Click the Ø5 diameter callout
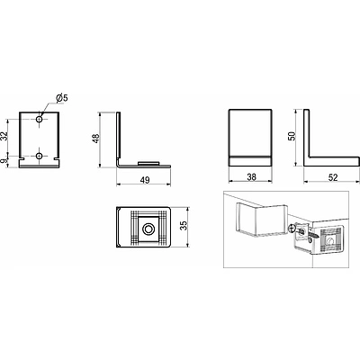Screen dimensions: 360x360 [x=62, y=98]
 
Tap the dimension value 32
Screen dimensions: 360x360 [x=4, y=137]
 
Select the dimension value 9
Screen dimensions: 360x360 [x=4, y=161]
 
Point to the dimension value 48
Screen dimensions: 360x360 [x=95, y=139]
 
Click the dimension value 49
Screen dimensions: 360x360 [x=145, y=180]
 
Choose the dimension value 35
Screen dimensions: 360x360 [x=184, y=225]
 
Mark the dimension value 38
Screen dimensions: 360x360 [x=251, y=177]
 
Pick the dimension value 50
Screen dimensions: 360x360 [x=292, y=136]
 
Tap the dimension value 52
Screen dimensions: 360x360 [x=333, y=177]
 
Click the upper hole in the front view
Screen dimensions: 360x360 [x=39, y=120]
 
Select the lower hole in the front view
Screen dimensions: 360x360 [x=39, y=156]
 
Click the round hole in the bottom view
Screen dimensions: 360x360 [x=148, y=229]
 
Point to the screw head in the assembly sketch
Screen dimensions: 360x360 [x=292, y=229]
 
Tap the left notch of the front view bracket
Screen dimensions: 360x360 [x=22, y=157]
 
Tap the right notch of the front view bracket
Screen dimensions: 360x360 [x=57, y=157]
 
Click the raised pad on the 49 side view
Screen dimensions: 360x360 [x=148, y=163]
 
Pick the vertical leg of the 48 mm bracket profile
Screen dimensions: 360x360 [x=119, y=138]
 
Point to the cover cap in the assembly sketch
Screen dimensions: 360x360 [x=261, y=220]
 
